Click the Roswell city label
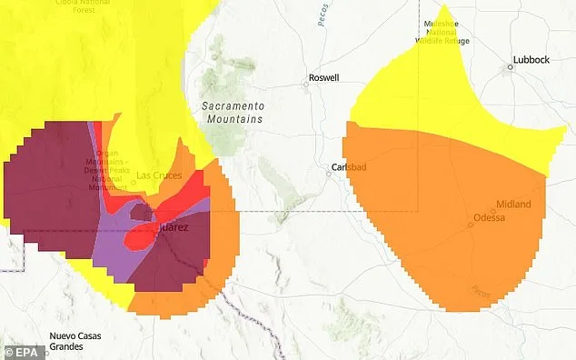pos(324,78)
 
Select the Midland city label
pos(513,205)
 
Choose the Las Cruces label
pos(157,175)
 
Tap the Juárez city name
pos(173,227)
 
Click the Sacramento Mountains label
pos(232,113)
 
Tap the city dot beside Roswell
pos(306,85)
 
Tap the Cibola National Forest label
pos(64,5)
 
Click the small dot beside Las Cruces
pos(133,182)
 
